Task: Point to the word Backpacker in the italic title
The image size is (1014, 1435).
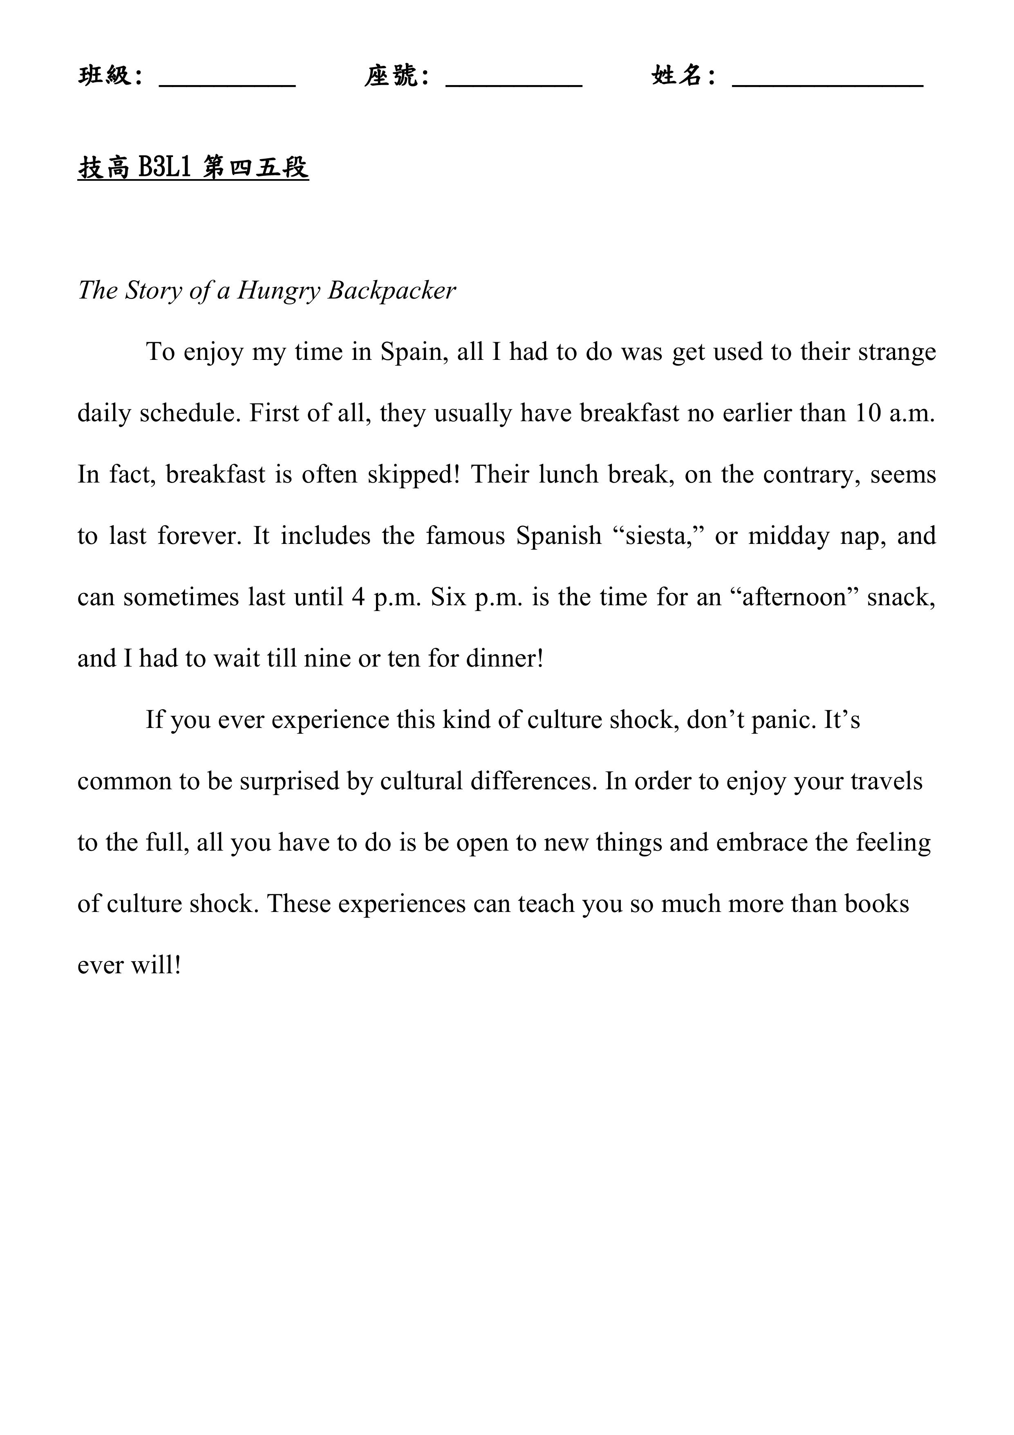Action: [392, 291]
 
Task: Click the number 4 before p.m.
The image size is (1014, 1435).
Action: [358, 597]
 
